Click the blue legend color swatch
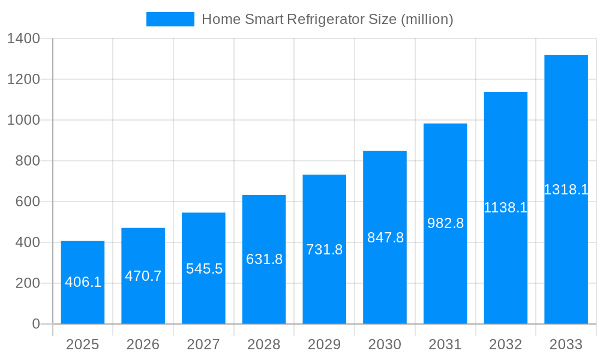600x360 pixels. pyautogui.click(x=170, y=19)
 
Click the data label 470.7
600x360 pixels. pyautogui.click(x=143, y=276)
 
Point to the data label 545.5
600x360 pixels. pyautogui.click(x=204, y=269)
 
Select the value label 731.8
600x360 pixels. pyautogui.click(x=325, y=250)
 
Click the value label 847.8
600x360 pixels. pyautogui.click(x=385, y=238)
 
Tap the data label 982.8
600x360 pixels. pyautogui.click(x=445, y=223)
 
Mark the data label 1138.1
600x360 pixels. pyautogui.click(x=505, y=208)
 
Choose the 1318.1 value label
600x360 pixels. pyautogui.click(x=566, y=190)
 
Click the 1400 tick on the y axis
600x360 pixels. pyautogui.click(x=23, y=39)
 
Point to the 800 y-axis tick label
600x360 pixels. pyautogui.click(x=28, y=161)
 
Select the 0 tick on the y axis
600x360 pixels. pyautogui.click(x=36, y=324)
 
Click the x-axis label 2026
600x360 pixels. pyautogui.click(x=143, y=344)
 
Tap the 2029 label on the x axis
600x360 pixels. pyautogui.click(x=325, y=344)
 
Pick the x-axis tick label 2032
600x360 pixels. pyautogui.click(x=505, y=344)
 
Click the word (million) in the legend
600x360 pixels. pyautogui.click(x=427, y=19)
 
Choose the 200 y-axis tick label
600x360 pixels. pyautogui.click(x=28, y=283)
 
